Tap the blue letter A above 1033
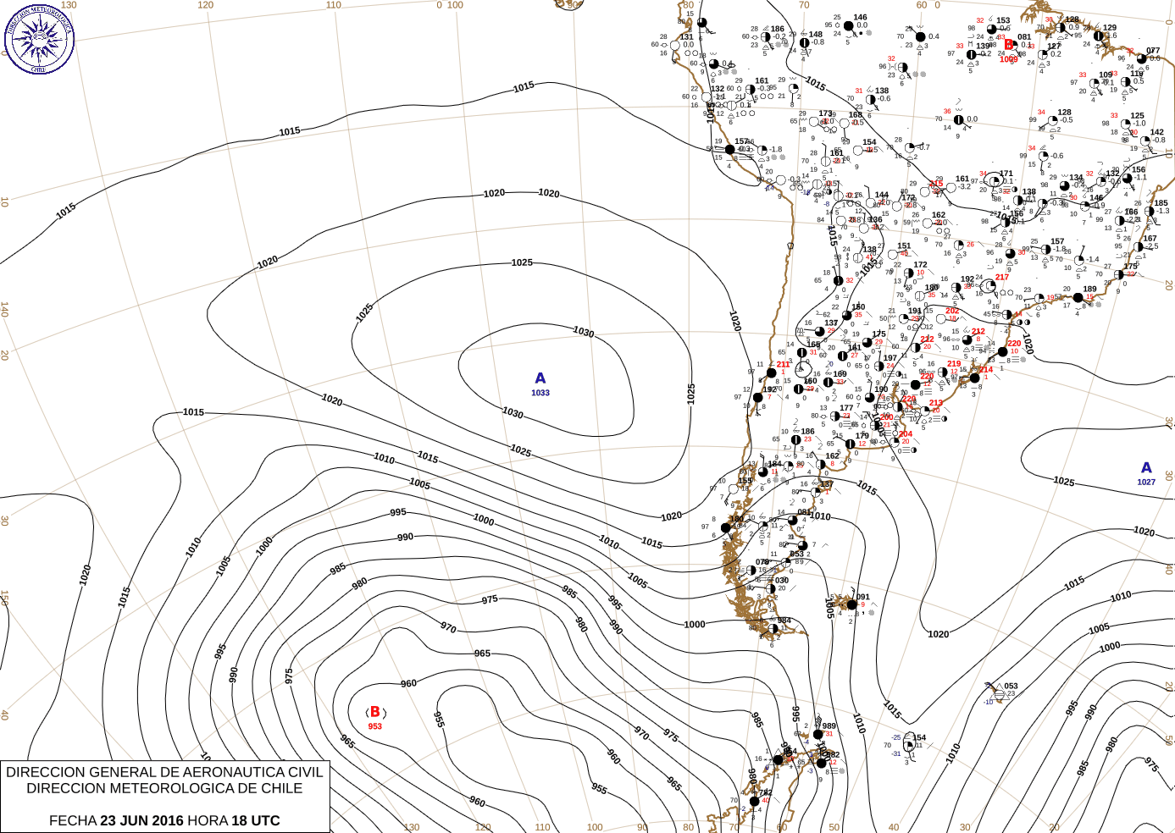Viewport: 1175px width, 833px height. coord(540,378)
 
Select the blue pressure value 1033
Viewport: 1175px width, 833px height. coord(540,393)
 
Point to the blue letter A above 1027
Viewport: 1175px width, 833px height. coord(1146,467)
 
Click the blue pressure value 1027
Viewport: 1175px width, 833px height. coord(1146,482)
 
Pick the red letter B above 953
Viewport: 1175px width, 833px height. coord(375,712)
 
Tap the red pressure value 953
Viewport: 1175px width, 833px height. coord(375,726)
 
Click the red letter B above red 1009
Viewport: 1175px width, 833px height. coord(1009,45)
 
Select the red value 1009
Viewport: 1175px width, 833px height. coord(1008,59)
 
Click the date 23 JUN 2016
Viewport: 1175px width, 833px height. coord(141,820)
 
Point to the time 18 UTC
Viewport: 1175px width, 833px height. coord(255,820)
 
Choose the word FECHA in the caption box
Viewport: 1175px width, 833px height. coord(72,820)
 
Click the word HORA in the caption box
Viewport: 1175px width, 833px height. coord(207,820)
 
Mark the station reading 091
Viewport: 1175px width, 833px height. coord(863,597)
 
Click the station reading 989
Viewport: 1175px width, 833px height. coord(829,725)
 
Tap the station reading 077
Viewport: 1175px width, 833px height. coord(1153,51)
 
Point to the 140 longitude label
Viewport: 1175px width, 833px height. coord(4,310)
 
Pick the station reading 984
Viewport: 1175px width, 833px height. coord(784,621)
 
